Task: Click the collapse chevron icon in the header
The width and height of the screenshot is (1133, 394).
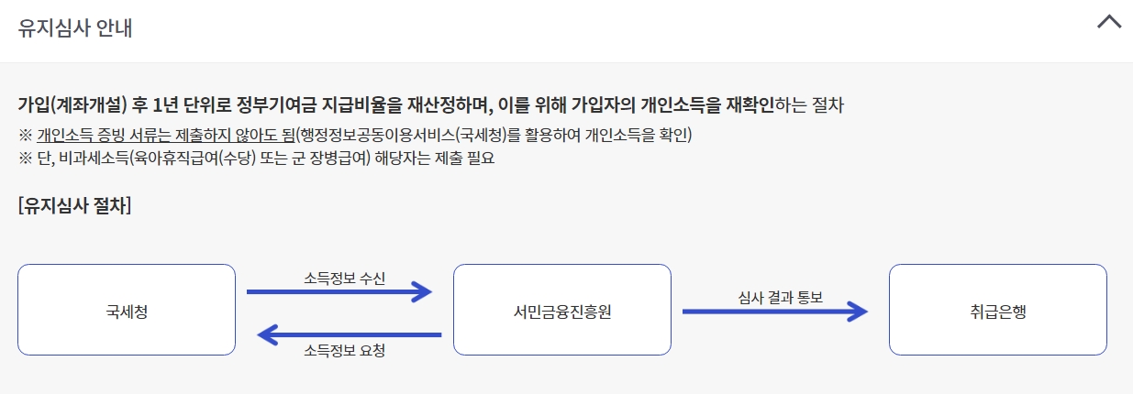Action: click(x=1109, y=23)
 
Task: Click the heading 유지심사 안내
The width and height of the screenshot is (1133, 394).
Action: click(x=75, y=27)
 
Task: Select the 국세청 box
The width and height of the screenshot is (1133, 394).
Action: click(x=127, y=311)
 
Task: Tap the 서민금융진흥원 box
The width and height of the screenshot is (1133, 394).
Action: click(x=562, y=311)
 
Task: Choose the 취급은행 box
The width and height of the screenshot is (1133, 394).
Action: click(x=997, y=311)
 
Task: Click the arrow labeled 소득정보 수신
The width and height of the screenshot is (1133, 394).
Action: click(x=339, y=292)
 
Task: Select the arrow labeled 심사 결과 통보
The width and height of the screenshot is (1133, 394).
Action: click(x=775, y=312)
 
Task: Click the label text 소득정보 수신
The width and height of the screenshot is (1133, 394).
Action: click(x=345, y=278)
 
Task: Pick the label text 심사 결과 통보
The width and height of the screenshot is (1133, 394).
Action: click(x=780, y=297)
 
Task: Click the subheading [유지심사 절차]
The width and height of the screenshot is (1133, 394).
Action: click(x=74, y=205)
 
